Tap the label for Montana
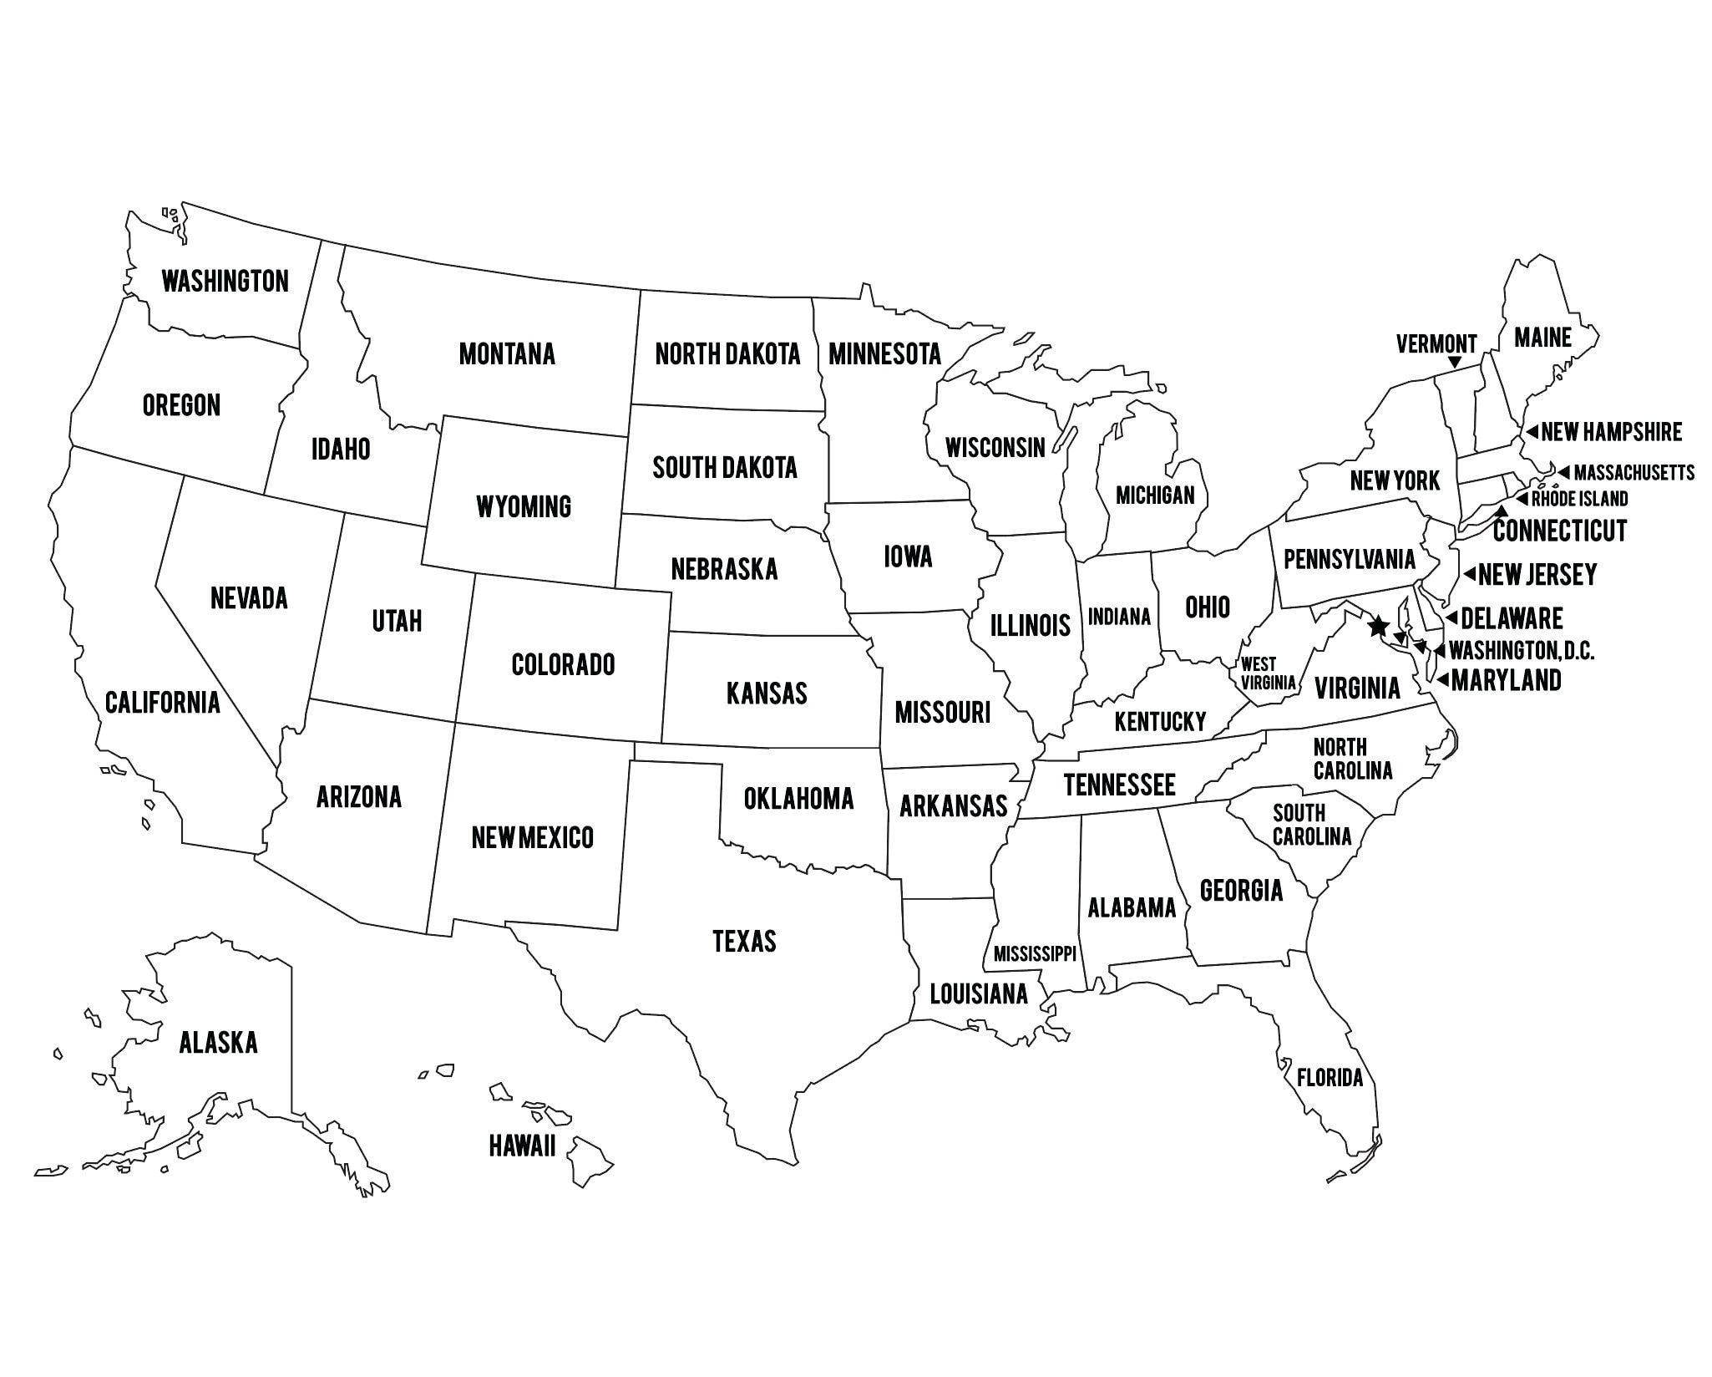pyautogui.click(x=507, y=353)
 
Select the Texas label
pyautogui.click(x=744, y=941)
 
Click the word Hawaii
pyautogui.click(x=522, y=1146)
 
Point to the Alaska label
pyautogui.click(x=218, y=1042)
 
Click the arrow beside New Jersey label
pyautogui.click(x=1468, y=575)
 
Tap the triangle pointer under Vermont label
pyautogui.click(x=1455, y=363)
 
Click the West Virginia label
pyautogui.click(x=1267, y=673)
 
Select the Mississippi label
pyautogui.click(x=1035, y=953)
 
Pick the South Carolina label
pyautogui.click(x=1311, y=824)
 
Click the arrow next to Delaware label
pyautogui.click(x=1451, y=618)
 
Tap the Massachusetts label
pyautogui.click(x=1633, y=473)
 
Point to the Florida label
pyautogui.click(x=1330, y=1078)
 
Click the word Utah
pyautogui.click(x=397, y=621)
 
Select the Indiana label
pyautogui.click(x=1119, y=617)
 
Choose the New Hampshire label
pyautogui.click(x=1611, y=432)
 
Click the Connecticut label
pyautogui.click(x=1560, y=530)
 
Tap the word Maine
pyautogui.click(x=1542, y=338)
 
